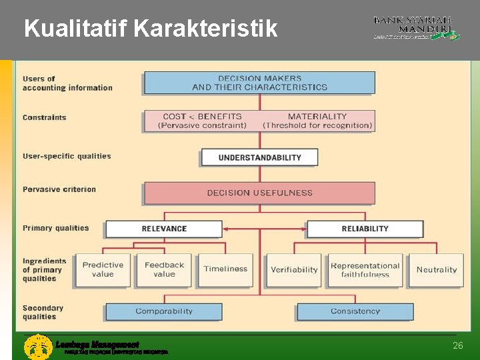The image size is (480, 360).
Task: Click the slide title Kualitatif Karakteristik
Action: coord(151,29)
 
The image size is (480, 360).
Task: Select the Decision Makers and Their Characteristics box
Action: coord(259,83)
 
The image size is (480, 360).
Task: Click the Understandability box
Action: coord(259,157)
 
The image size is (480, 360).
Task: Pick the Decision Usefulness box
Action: coord(259,193)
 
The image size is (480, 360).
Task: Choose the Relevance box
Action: coord(164,229)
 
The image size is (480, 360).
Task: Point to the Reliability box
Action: coord(365,229)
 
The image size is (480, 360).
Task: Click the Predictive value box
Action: coord(103,269)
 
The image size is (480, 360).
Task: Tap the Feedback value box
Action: coord(164,269)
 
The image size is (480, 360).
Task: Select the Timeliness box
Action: coord(225,269)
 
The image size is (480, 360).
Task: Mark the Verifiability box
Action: coord(294,270)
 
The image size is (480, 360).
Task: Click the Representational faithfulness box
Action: coord(365,270)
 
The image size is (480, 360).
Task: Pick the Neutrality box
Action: coord(436,270)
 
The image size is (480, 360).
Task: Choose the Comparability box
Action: coord(164,311)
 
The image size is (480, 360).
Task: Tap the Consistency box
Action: coord(355,311)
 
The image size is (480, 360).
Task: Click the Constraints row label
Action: coord(45,117)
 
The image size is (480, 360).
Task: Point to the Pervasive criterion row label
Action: coord(59,189)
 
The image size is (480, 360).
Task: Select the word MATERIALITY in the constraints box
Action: coord(317,116)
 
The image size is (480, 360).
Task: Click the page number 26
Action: coord(457,345)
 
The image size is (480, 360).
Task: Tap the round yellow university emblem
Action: coord(38,347)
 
